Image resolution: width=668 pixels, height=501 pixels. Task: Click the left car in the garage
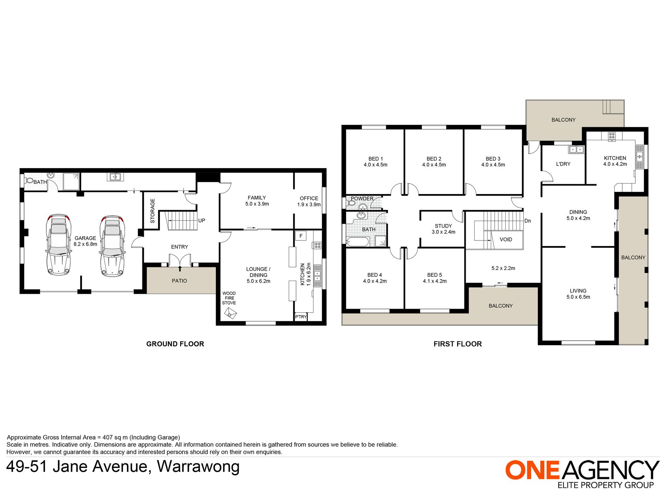point(59,245)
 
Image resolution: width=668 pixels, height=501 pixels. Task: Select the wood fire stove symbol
point(231,313)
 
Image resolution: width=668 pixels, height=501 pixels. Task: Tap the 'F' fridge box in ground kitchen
point(301,236)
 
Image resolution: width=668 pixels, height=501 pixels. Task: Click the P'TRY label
point(301,317)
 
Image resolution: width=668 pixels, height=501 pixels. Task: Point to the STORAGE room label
point(153,211)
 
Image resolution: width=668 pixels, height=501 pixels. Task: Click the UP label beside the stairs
point(201,220)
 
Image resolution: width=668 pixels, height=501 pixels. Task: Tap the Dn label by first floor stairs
point(527,221)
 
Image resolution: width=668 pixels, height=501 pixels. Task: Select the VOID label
point(506,239)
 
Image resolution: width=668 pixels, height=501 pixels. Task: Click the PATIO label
point(179,281)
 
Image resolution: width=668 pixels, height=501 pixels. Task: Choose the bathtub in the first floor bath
point(358,242)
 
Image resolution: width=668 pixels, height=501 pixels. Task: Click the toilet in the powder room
point(351,203)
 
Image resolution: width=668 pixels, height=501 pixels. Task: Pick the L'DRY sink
point(576,149)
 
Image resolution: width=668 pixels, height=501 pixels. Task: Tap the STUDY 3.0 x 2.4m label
point(443,229)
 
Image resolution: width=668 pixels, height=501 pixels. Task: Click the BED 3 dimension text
point(493,165)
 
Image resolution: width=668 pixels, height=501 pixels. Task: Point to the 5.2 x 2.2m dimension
point(503,268)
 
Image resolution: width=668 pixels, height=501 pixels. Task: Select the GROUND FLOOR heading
point(175,344)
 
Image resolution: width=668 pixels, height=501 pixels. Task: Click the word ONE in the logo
point(532,470)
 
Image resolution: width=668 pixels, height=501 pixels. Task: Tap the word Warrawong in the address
point(198,467)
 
